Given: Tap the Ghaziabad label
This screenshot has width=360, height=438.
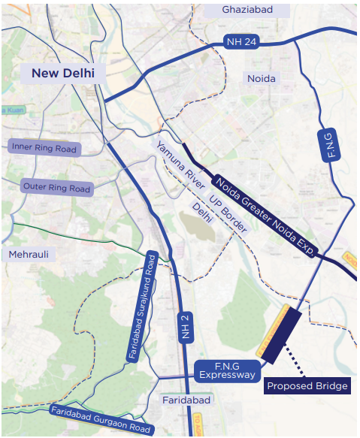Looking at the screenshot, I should [x=246, y=10].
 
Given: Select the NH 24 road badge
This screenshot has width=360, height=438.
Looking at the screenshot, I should [x=241, y=42].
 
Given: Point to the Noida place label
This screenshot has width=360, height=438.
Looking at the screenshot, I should [x=262, y=78].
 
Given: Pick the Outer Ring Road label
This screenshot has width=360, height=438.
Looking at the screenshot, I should [x=56, y=187].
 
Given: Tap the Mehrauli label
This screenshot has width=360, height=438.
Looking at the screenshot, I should [x=29, y=255].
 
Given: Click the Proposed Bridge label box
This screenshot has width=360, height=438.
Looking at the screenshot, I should [x=307, y=386].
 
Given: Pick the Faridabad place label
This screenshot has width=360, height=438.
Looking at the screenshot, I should [x=187, y=400].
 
